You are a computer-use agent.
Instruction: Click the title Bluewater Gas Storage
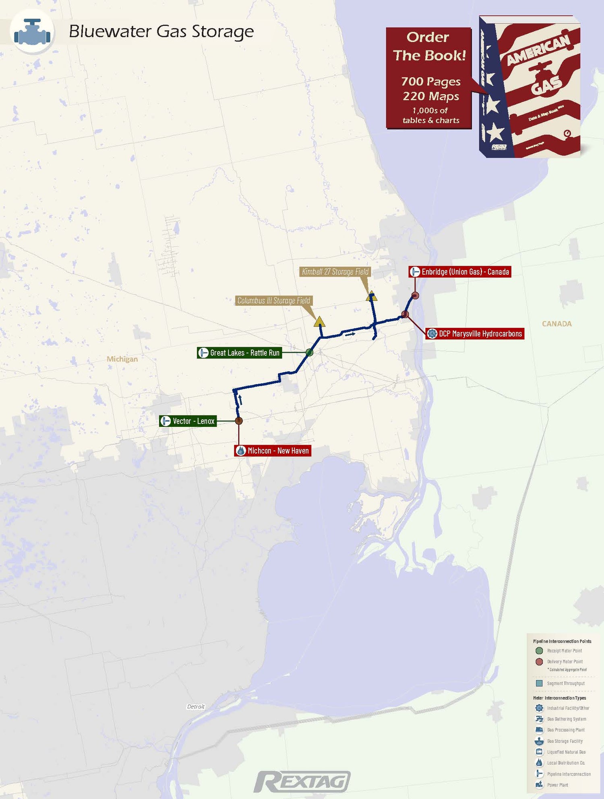(161, 32)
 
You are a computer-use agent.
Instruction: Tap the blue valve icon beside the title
(32, 32)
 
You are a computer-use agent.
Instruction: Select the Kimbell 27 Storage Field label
(335, 272)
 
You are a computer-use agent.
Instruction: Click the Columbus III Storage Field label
(274, 300)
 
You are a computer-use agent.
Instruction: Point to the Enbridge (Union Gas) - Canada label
(460, 272)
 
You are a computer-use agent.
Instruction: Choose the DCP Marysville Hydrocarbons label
(475, 333)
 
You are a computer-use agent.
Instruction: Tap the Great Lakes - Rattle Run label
(239, 353)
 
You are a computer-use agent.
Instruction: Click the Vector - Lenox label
(188, 421)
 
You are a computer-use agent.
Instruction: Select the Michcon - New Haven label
(273, 451)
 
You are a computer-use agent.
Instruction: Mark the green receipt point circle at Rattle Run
(309, 352)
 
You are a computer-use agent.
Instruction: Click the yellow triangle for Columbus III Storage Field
(319, 322)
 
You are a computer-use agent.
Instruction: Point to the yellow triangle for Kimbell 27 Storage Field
(372, 297)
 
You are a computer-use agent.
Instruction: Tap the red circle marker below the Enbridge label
(415, 296)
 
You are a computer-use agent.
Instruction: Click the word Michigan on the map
(122, 359)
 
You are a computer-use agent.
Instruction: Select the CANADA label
(556, 324)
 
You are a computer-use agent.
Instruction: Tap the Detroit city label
(196, 706)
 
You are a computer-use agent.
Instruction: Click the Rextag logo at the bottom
(302, 782)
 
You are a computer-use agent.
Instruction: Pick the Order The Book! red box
(428, 78)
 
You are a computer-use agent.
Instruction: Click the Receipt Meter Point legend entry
(564, 651)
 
